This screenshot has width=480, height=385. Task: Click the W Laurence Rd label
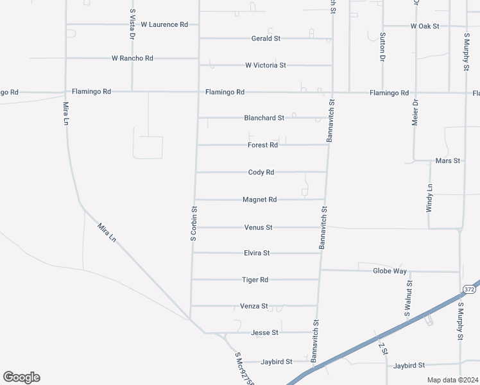pyautogui.click(x=164, y=24)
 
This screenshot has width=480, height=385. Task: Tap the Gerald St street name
pyautogui.click(x=266, y=38)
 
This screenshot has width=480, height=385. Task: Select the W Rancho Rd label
pyautogui.click(x=132, y=58)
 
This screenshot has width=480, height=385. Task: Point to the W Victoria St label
pyautogui.click(x=265, y=65)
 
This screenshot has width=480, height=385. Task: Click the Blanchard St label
pyautogui.click(x=264, y=118)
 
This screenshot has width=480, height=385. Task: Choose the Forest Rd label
pyautogui.click(x=262, y=145)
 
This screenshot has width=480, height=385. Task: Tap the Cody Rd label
pyautogui.click(x=261, y=173)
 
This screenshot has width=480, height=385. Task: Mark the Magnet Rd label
pyautogui.click(x=259, y=200)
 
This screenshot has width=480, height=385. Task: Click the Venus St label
pyautogui.click(x=259, y=227)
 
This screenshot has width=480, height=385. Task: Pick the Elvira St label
pyautogui.click(x=257, y=253)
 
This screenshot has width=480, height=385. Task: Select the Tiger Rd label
pyautogui.click(x=255, y=280)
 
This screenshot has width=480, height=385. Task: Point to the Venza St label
pyautogui.click(x=253, y=307)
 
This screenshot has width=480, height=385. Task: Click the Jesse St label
pyautogui.click(x=264, y=333)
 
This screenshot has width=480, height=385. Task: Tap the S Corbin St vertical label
pyautogui.click(x=193, y=223)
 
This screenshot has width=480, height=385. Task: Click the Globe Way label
pyautogui.click(x=390, y=271)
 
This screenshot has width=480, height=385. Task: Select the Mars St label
pyautogui.click(x=448, y=160)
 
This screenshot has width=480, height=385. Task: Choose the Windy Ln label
pyautogui.click(x=430, y=198)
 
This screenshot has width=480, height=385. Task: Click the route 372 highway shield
pyautogui.click(x=469, y=290)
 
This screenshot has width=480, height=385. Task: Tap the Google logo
pyautogui.click(x=21, y=377)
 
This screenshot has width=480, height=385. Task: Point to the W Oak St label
pyautogui.click(x=425, y=26)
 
